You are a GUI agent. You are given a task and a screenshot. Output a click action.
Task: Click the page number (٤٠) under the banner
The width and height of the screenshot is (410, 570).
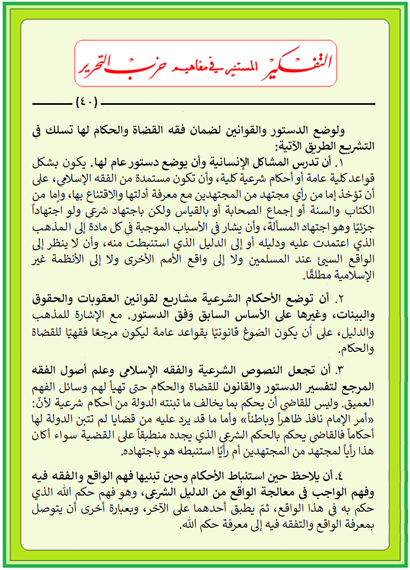(x=87, y=102)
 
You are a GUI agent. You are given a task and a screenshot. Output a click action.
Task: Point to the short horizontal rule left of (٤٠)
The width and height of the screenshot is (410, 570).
(x=51, y=102)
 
